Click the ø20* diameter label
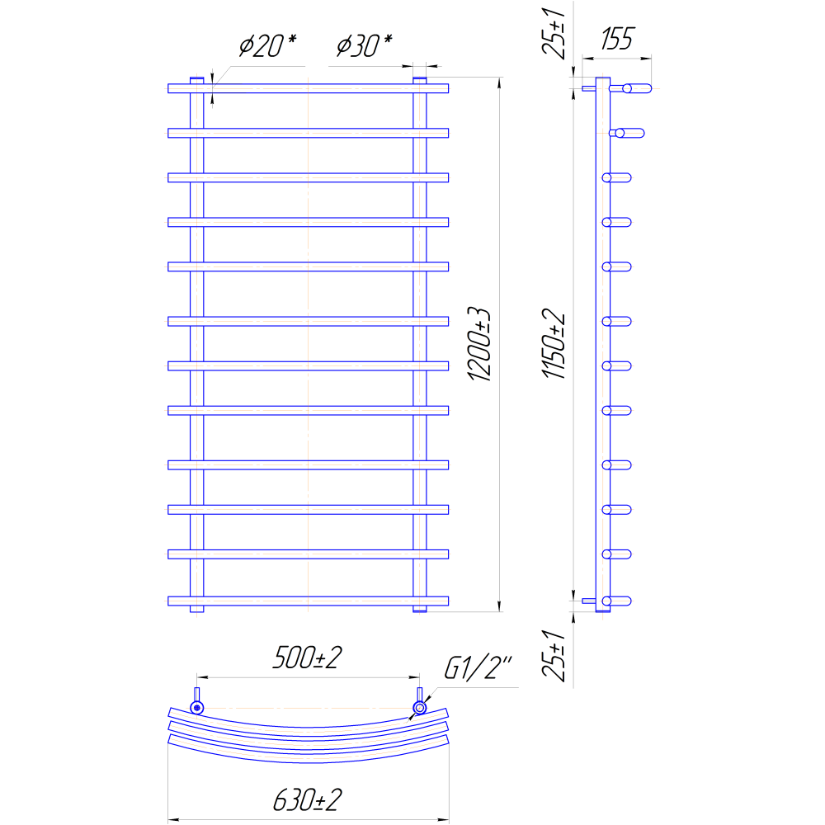coord(267,45)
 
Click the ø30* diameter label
coord(364,45)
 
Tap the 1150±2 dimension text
coord(554,343)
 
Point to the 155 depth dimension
coord(617,39)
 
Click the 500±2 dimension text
coord(307,658)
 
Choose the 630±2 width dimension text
coord(307,800)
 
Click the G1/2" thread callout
coord(478,667)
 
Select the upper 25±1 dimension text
coord(554,33)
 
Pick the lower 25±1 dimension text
coord(554,655)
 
